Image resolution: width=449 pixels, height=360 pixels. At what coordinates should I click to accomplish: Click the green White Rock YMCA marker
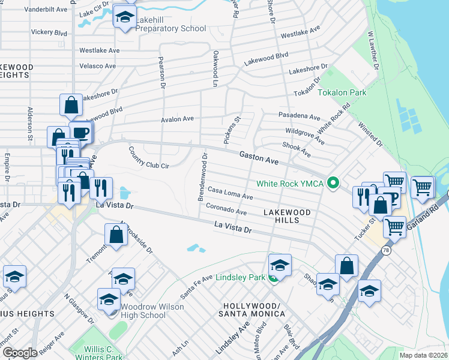pyautogui.click(x=331, y=184)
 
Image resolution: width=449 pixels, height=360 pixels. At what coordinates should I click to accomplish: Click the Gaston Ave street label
pyautogui.click(x=259, y=158)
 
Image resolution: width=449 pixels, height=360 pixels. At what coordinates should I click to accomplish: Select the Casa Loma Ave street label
pyautogui.click(x=231, y=193)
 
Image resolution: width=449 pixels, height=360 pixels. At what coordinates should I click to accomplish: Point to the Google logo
pyautogui.click(x=20, y=353)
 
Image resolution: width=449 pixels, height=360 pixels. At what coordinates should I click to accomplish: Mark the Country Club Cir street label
pyautogui.click(x=148, y=157)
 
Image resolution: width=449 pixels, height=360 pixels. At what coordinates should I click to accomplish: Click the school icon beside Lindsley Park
pyautogui.click(x=280, y=265)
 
